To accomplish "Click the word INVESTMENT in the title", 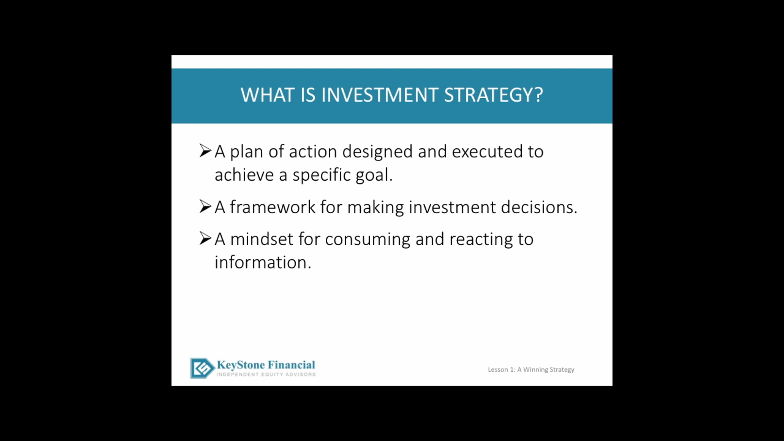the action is click(x=380, y=95).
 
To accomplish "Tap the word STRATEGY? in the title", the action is click(x=494, y=95).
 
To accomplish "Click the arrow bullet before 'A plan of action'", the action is click(x=205, y=151).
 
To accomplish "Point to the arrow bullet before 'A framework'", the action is click(x=205, y=206).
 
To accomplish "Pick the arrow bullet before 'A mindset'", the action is click(x=205, y=238).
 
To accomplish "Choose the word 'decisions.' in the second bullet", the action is click(x=539, y=207).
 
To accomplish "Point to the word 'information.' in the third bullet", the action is click(x=263, y=262).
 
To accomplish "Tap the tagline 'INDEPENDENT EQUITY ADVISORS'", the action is click(x=266, y=374).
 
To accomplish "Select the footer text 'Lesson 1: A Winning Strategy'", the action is click(x=531, y=369).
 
